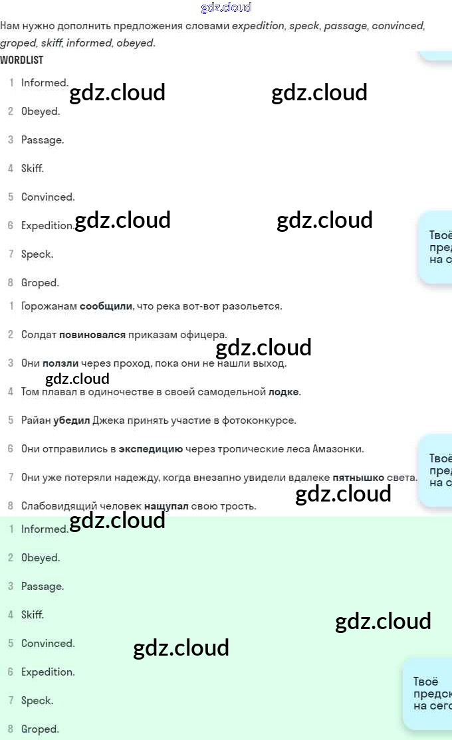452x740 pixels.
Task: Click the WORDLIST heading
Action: pos(21,60)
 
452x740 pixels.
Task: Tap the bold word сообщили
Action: pos(106,306)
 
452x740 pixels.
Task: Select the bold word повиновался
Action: pos(92,335)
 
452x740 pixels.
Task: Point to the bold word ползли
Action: pos(60,363)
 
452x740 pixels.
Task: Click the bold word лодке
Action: pos(284,392)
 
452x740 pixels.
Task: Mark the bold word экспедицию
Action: pos(151,449)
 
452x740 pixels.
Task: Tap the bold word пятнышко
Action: pos(358,478)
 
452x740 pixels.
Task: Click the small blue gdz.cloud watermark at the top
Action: pos(226,8)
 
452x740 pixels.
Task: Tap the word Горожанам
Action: pos(49,306)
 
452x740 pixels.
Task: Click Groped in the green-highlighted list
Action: pos(40,729)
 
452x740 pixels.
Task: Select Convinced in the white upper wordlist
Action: pos(48,197)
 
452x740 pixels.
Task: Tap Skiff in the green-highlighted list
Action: pos(32,615)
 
